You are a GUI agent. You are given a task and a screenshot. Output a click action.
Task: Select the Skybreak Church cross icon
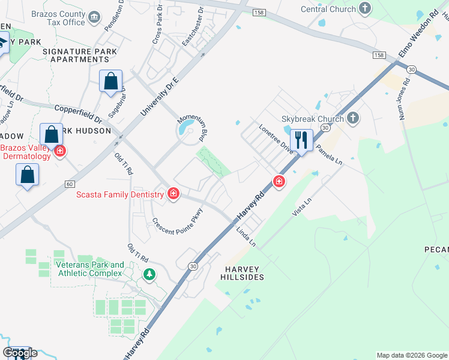pos(353,118)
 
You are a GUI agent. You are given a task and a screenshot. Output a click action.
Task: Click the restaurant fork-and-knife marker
pos(301,140)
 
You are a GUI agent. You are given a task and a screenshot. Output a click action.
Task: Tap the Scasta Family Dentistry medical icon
pos(173,194)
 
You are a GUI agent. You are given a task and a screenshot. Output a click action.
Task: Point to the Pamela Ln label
pos(329,154)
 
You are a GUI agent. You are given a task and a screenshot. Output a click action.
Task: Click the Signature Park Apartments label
pos(80,55)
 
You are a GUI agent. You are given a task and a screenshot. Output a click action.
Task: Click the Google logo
pos(20,352)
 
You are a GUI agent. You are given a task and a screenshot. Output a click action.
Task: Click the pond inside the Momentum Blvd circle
pos(187,128)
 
